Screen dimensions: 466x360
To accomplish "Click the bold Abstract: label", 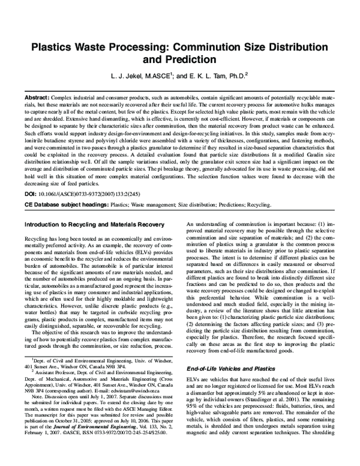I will (37, 97).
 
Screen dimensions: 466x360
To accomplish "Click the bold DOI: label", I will (31, 195).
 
